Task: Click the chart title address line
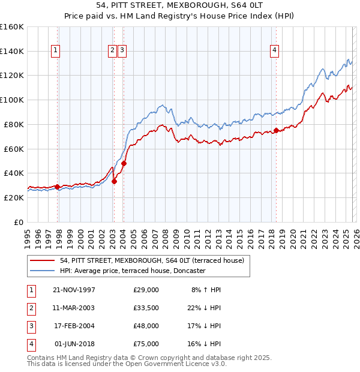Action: pyautogui.click(x=180, y=5)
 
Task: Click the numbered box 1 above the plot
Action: pyautogui.click(x=55, y=51)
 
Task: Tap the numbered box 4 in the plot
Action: pyautogui.click(x=274, y=51)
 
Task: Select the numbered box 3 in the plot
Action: pyautogui.click(x=122, y=51)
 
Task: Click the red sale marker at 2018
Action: pyautogui.click(x=276, y=130)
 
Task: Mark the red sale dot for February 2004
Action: pyautogui.click(x=124, y=163)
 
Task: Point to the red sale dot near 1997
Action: pyautogui.click(x=58, y=187)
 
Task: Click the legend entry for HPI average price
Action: pyautogui.click(x=133, y=271)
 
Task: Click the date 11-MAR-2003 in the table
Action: pyautogui.click(x=74, y=308)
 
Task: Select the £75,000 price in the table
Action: pyautogui.click(x=146, y=344)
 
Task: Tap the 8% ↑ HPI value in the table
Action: pyautogui.click(x=206, y=290)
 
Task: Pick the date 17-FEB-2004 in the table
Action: pyautogui.click(x=74, y=326)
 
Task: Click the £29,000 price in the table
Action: pyautogui.click(x=146, y=290)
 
